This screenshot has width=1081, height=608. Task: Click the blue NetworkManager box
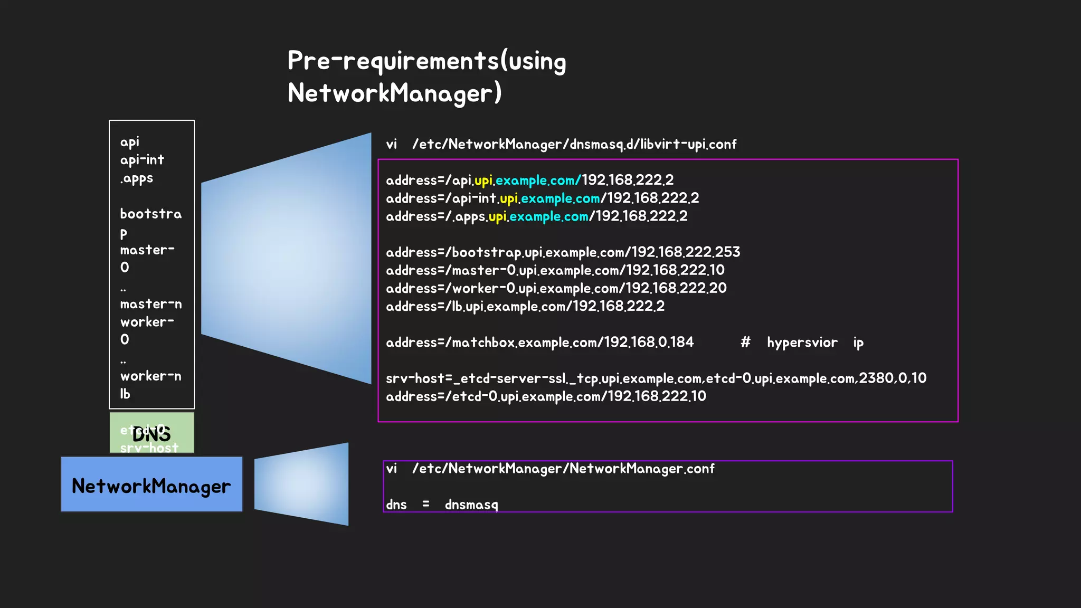[151, 484]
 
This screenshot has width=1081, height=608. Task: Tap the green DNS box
[151, 433]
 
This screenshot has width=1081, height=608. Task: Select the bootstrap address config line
[563, 252]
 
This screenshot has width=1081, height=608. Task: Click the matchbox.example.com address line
[539, 343]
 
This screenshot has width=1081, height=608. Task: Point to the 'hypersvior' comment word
[802, 343]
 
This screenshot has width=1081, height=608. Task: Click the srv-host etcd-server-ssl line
[656, 378]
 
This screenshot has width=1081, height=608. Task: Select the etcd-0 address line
[546, 396]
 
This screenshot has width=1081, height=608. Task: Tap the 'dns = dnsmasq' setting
[442, 505]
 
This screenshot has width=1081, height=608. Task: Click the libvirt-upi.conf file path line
[561, 144]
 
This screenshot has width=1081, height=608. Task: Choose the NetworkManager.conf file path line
[550, 469]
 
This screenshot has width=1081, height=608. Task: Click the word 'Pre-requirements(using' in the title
[426, 61]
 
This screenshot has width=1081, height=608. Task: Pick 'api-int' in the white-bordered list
[142, 160]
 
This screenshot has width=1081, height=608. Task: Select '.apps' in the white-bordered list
[137, 178]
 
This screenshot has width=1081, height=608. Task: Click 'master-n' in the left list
[151, 305]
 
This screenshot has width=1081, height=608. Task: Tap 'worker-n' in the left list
[151, 376]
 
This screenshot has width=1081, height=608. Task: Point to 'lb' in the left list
[125, 394]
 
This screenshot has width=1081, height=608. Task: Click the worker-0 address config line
[556, 288]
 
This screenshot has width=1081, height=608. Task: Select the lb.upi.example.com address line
[525, 306]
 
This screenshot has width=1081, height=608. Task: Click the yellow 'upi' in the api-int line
[509, 198]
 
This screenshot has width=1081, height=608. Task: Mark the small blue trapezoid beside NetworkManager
[301, 484]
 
